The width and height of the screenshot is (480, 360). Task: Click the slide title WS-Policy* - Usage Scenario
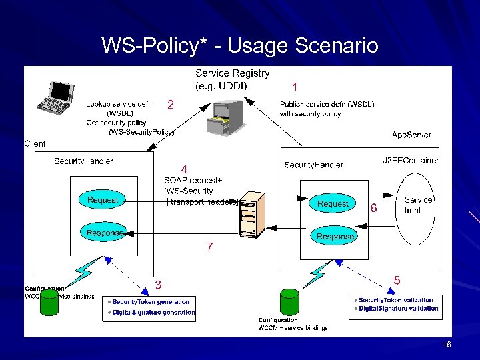(x=239, y=46)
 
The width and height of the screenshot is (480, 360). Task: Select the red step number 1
(x=295, y=87)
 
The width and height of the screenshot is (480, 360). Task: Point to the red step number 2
(x=171, y=105)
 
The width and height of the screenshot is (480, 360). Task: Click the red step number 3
(x=159, y=285)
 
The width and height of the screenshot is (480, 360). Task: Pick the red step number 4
(x=185, y=169)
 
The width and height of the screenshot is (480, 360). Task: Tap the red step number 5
(x=397, y=281)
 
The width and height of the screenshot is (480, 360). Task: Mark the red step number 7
(x=209, y=247)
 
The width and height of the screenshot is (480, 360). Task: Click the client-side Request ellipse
(x=103, y=199)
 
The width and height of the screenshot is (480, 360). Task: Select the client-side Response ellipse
(x=105, y=233)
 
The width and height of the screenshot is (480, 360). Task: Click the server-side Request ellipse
(x=333, y=203)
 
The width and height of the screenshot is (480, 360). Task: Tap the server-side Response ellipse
(x=335, y=236)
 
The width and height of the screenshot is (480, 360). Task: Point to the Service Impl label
(x=418, y=205)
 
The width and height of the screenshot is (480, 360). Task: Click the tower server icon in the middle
(x=248, y=214)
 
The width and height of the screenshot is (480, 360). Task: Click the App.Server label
(x=411, y=135)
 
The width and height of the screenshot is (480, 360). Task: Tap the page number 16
(x=447, y=345)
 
